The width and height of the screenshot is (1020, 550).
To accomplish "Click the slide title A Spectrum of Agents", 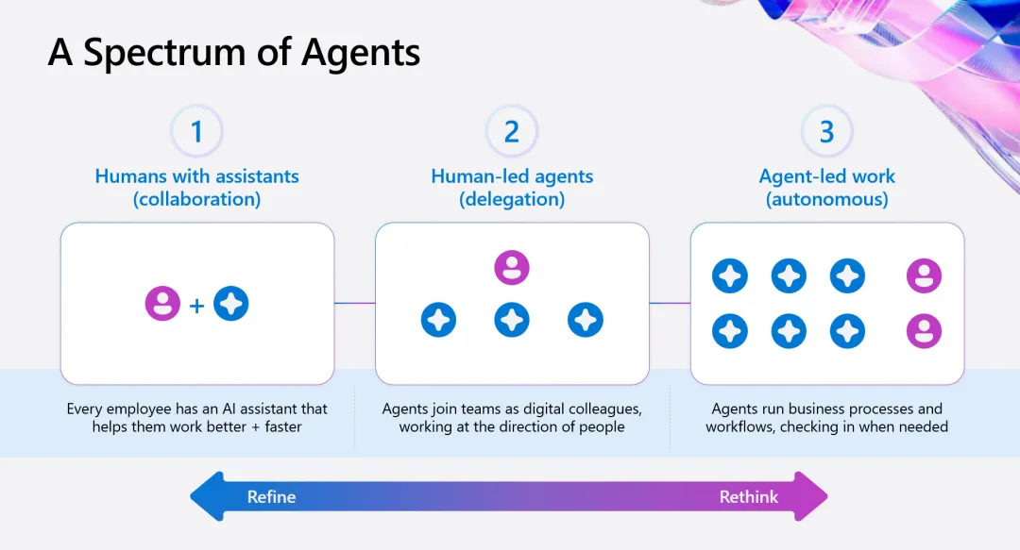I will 234,53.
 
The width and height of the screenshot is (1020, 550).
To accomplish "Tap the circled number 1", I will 196,131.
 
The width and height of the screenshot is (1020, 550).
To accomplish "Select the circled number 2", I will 512,131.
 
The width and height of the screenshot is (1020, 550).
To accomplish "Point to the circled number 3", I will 826,131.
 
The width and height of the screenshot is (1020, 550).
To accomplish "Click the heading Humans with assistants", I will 196,176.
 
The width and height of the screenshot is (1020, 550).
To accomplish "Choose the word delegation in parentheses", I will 512,199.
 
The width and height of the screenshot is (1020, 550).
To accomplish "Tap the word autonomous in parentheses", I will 826,199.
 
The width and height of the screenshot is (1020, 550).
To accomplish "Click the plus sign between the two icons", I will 196,305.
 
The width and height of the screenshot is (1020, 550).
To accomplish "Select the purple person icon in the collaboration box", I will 162,304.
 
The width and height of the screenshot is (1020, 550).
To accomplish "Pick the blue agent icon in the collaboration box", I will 231,304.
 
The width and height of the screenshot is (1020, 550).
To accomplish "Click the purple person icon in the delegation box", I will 512,268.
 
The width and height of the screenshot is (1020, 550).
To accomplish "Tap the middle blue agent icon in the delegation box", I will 512,320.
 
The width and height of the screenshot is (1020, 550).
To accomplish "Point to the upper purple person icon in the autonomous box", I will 924,276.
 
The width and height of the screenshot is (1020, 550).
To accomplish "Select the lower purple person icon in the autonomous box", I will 924,331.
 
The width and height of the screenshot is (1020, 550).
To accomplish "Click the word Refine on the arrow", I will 271,496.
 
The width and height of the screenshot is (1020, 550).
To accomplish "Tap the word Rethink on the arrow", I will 749,496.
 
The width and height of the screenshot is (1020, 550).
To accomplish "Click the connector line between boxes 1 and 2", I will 354,303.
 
